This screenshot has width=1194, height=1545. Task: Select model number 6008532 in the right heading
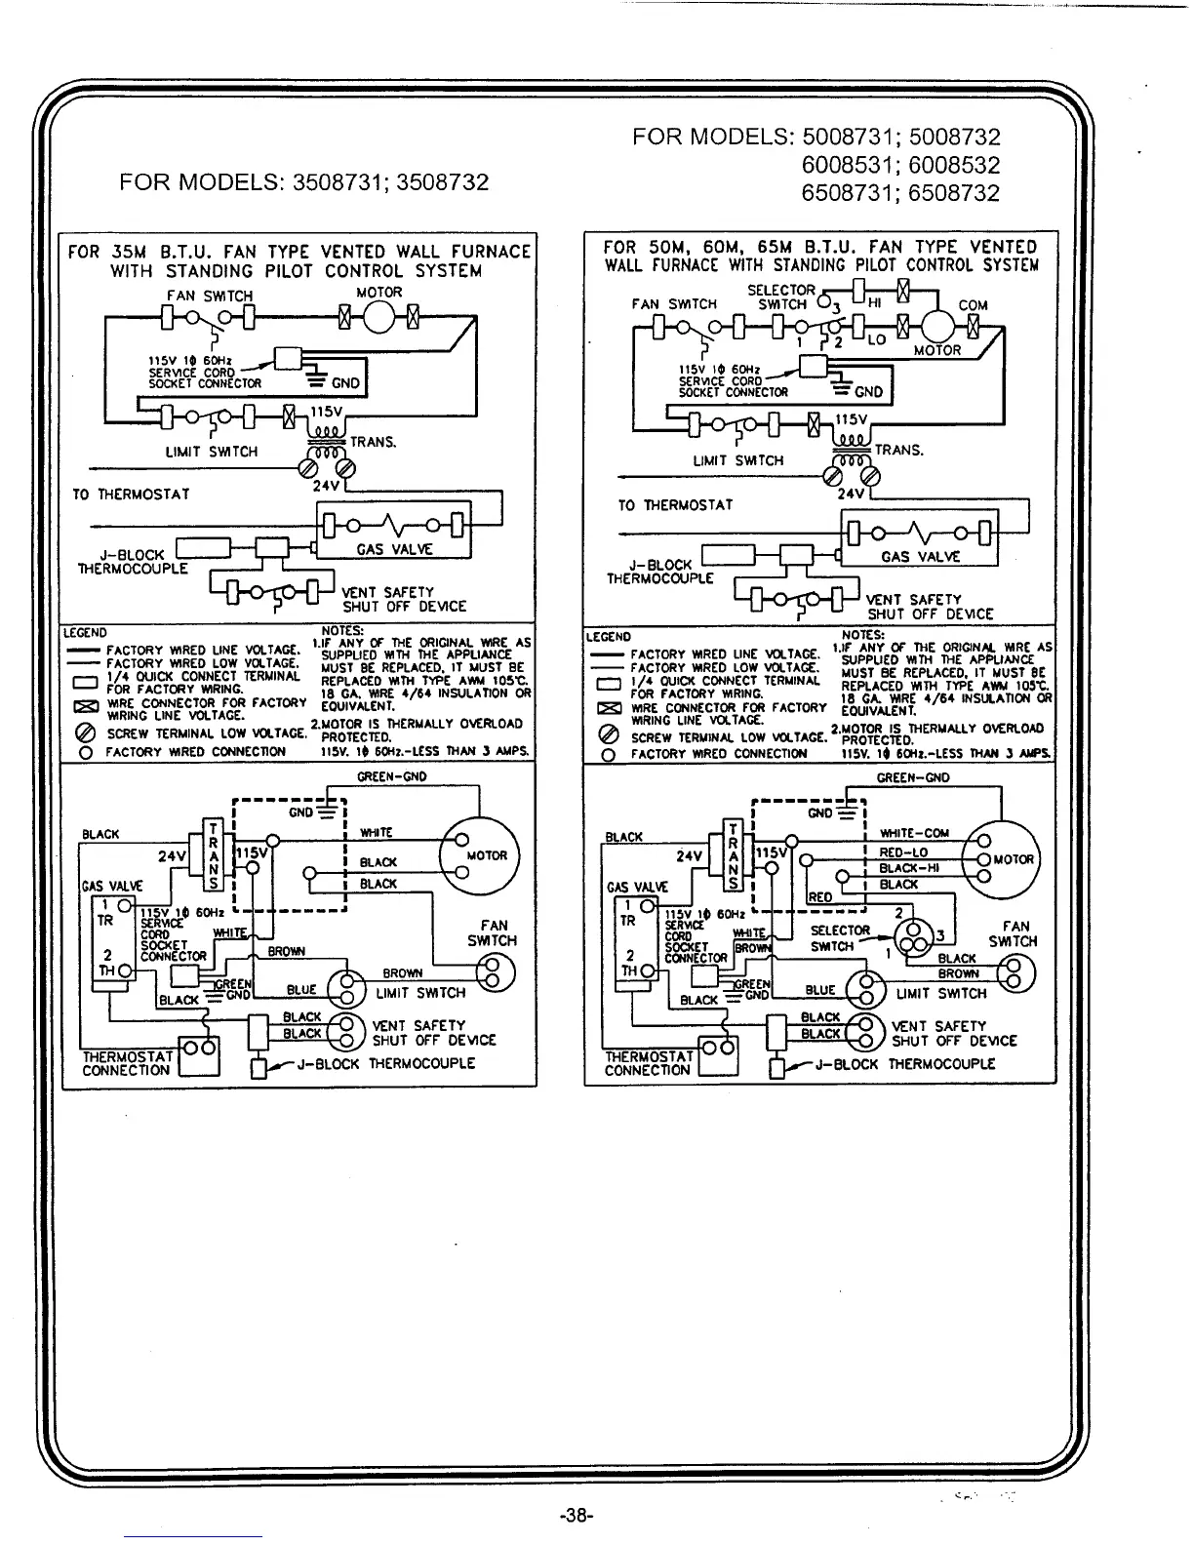[x=954, y=165]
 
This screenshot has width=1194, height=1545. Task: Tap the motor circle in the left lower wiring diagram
[x=481, y=853]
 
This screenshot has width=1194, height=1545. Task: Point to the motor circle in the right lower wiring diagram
[x=1002, y=858]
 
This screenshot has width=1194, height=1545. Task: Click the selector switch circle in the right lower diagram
[x=919, y=936]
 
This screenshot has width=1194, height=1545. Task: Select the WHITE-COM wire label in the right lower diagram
[x=914, y=833]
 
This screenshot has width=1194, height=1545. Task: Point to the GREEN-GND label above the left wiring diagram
[x=392, y=776]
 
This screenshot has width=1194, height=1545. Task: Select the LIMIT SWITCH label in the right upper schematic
[x=737, y=460]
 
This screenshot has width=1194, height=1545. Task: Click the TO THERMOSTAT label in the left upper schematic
[x=131, y=494]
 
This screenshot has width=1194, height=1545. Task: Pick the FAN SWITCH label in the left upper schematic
[x=209, y=295]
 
